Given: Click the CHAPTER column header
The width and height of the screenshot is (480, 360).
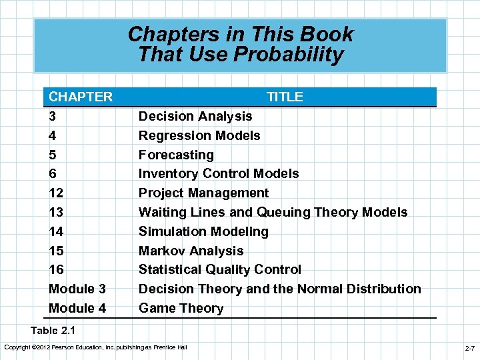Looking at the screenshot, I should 81,97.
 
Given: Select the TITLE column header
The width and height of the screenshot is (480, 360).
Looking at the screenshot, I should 285,97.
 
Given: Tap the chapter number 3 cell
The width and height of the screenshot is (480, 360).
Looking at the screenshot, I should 53,116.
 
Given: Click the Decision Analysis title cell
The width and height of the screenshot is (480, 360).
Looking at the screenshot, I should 195,116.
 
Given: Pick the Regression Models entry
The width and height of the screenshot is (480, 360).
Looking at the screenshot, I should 199,135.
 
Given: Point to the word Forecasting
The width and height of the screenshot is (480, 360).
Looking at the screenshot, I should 176,155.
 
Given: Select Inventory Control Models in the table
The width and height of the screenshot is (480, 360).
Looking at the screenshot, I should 219,173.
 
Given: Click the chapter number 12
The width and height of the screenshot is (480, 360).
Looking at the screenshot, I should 56,193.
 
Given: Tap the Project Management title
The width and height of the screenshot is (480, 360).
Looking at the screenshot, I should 203,193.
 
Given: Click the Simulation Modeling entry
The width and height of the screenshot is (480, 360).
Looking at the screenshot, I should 203,231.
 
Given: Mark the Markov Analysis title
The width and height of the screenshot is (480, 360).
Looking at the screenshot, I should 191,251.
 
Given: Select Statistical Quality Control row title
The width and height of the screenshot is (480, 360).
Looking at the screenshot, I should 219,269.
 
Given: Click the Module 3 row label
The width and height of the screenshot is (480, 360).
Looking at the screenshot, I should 77,289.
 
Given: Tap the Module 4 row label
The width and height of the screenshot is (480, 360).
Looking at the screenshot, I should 77,308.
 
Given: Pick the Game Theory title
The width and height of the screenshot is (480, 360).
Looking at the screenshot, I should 181,308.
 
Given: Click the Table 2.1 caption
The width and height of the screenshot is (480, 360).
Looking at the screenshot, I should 53,329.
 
